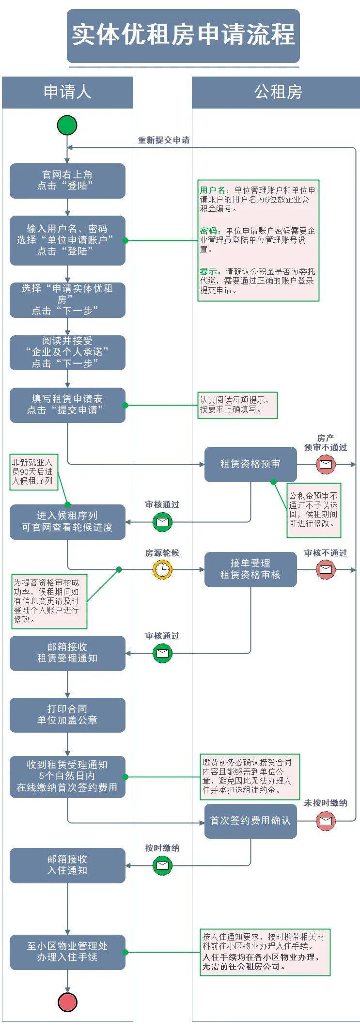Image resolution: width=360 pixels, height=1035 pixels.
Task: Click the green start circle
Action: click(67, 125)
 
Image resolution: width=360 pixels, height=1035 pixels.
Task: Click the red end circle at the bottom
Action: click(67, 1002)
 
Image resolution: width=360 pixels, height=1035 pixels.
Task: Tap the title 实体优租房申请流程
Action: click(183, 35)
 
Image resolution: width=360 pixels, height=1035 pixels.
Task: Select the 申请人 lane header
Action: click(67, 92)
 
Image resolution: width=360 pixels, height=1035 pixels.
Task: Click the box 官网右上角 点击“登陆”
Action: click(67, 180)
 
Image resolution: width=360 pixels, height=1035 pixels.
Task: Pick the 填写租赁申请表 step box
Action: click(67, 405)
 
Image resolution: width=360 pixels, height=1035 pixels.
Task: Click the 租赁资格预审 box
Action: click(250, 464)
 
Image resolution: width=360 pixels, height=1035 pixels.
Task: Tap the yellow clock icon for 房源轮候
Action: click(162, 569)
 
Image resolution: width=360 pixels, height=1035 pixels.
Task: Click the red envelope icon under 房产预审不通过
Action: click(326, 464)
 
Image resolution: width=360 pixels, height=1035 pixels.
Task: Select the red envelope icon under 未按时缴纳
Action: click(326, 820)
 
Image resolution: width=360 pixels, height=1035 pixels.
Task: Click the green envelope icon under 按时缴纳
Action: click(162, 865)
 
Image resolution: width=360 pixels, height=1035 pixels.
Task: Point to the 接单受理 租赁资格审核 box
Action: click(250, 569)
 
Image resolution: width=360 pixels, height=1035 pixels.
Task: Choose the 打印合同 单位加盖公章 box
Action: click(67, 715)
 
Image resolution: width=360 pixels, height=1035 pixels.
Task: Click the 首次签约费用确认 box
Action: click(250, 820)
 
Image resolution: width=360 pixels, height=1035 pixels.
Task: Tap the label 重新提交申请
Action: click(164, 141)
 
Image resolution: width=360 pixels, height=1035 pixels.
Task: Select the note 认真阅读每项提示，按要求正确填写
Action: click(237, 405)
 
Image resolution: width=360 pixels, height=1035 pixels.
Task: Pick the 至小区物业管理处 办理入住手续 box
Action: click(67, 952)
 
